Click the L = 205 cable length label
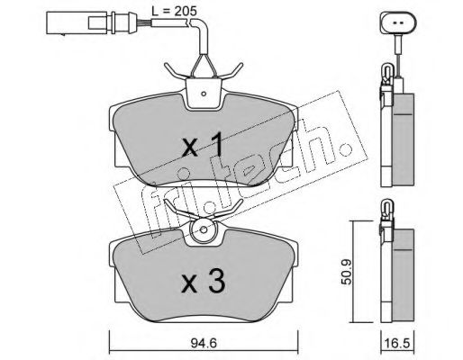pyautogui.click(x=174, y=11)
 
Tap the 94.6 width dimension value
pyautogui.click(x=203, y=343)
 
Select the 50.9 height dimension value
pyautogui.click(x=347, y=272)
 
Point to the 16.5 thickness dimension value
pyautogui.click(x=397, y=343)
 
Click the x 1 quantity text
pyautogui.click(x=203, y=145)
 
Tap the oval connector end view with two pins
pyautogui.click(x=398, y=22)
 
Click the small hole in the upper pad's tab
pyautogui.click(x=204, y=94)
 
